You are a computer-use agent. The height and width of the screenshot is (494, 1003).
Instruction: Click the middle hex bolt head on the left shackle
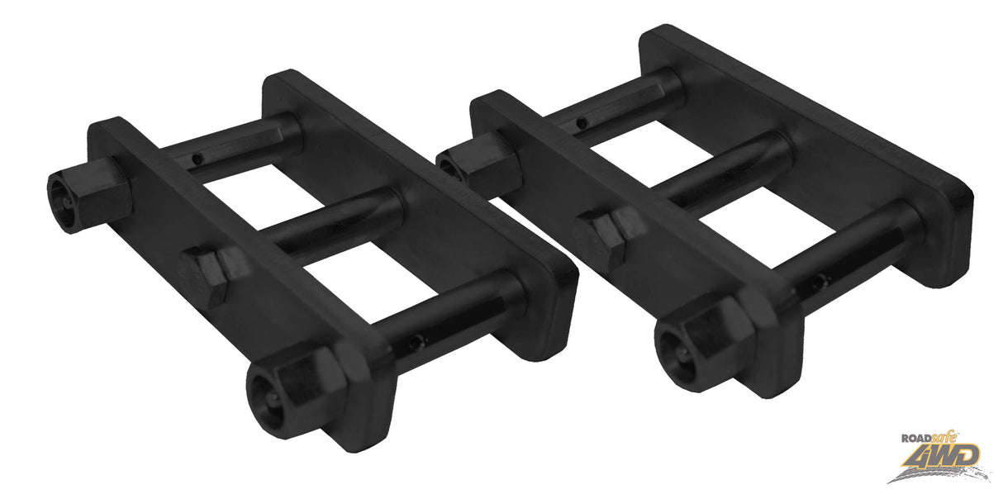pyautogui.click(x=203, y=272)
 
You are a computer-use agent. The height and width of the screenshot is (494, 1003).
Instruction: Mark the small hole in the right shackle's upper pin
pyautogui.click(x=584, y=123)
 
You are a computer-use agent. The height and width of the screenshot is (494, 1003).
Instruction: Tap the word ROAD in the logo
pyautogui.click(x=917, y=441)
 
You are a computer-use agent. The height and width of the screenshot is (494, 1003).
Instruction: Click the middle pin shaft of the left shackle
pyautogui.click(x=330, y=219)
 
